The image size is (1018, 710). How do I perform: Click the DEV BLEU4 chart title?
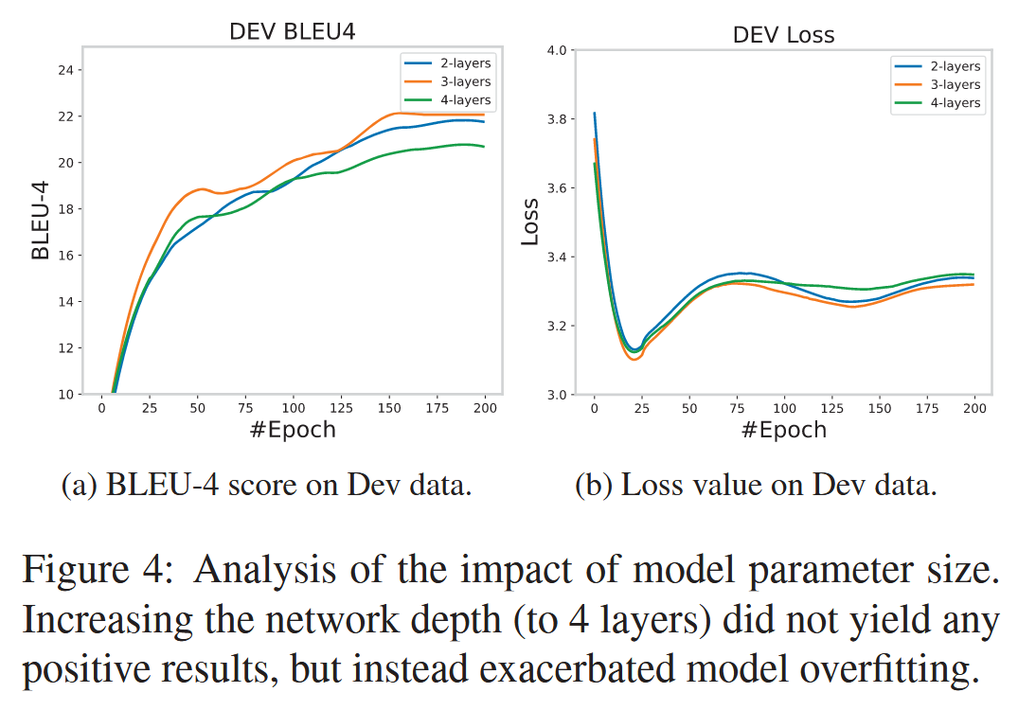293,32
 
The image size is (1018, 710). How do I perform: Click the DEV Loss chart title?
783,36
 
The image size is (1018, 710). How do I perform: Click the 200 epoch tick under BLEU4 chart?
485,408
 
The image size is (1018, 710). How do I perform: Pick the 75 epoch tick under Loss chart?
737,408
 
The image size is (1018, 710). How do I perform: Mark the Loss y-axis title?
530,222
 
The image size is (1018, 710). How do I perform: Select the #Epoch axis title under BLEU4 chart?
293,430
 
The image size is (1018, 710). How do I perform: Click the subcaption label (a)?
78,487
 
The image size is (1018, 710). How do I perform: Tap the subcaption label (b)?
595,487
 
